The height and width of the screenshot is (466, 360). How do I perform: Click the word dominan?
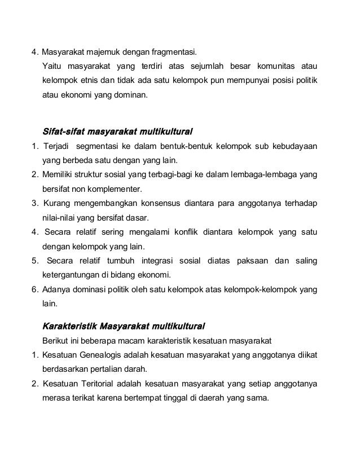point(133,96)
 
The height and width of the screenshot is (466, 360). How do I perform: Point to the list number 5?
point(34,261)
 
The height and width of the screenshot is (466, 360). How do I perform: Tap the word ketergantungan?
point(71,275)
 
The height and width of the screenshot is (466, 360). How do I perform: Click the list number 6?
point(34,289)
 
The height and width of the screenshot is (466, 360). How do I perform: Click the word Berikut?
point(55,341)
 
